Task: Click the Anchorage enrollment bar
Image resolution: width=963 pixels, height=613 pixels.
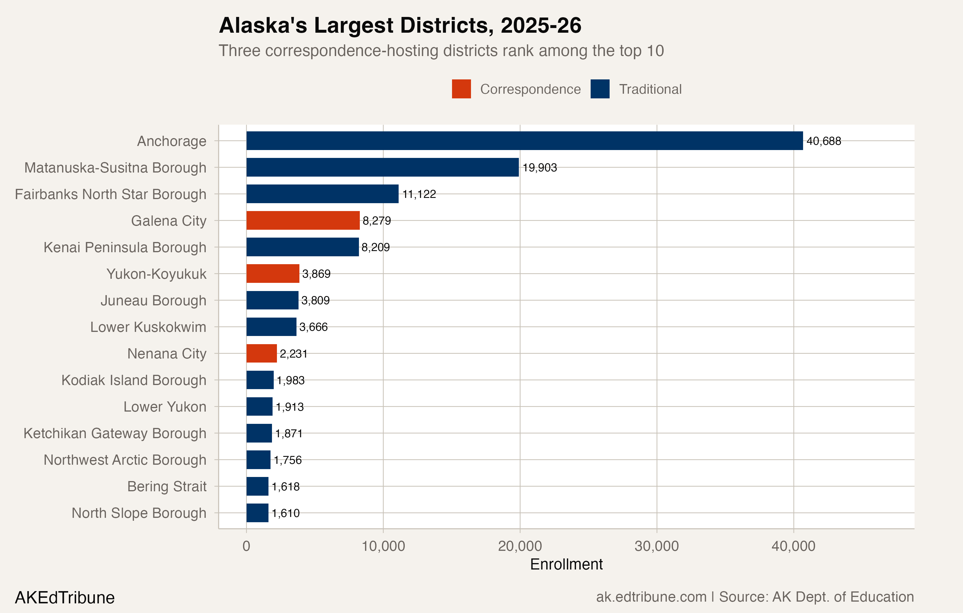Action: click(524, 141)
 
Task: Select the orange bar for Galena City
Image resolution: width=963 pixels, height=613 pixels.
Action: click(303, 220)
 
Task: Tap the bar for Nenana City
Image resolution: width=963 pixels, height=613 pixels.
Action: click(261, 353)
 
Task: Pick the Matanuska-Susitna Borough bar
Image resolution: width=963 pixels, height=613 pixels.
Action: click(382, 167)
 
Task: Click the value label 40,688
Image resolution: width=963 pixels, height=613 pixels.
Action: click(824, 141)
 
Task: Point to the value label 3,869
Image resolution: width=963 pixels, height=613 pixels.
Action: click(316, 274)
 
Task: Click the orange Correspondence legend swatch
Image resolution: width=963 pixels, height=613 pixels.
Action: click(461, 89)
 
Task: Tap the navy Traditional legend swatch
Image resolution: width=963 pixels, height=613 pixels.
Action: click(600, 89)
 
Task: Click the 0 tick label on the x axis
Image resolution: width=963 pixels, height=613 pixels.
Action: click(246, 546)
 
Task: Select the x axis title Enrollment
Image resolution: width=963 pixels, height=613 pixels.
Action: click(566, 565)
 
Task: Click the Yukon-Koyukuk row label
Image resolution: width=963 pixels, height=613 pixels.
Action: click(156, 274)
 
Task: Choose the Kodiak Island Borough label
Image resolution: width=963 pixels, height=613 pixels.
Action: click(134, 380)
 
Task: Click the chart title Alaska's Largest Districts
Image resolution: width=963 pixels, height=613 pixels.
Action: click(400, 26)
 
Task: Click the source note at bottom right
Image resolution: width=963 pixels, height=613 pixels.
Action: click(755, 597)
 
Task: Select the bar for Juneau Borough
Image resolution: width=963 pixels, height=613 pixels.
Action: click(272, 300)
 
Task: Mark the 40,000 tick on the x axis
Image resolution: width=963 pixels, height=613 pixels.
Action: click(793, 546)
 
